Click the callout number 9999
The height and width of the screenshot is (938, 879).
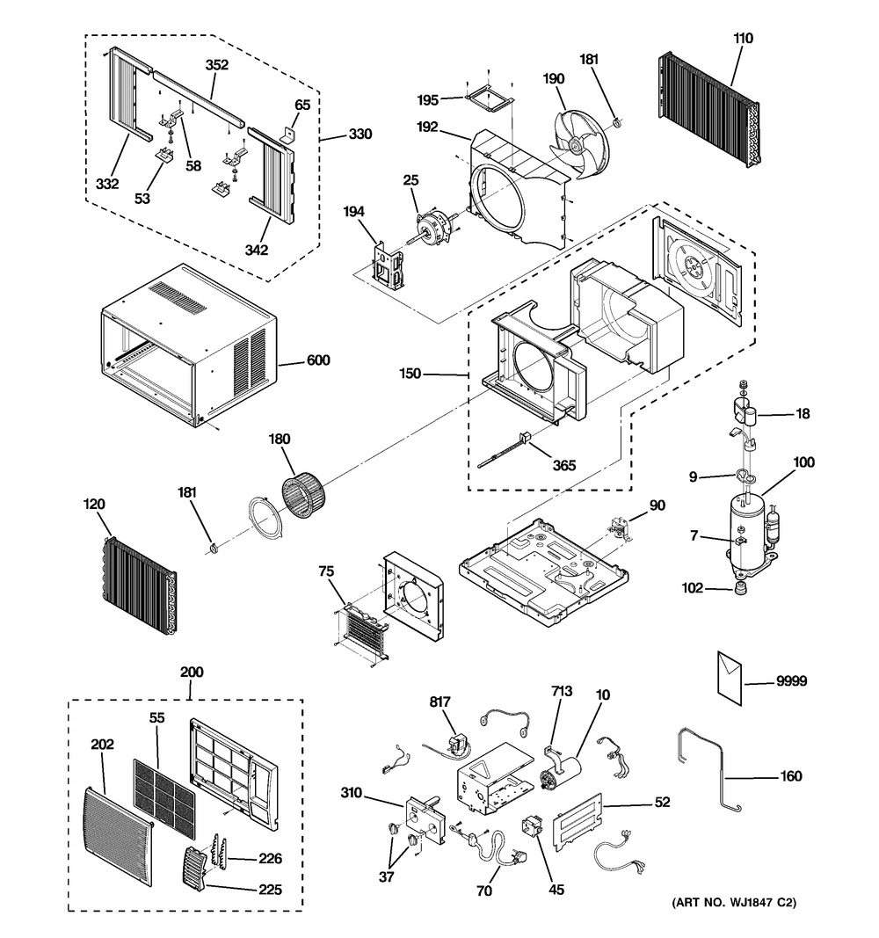click(791, 681)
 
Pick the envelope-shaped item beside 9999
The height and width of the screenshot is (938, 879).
click(730, 675)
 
